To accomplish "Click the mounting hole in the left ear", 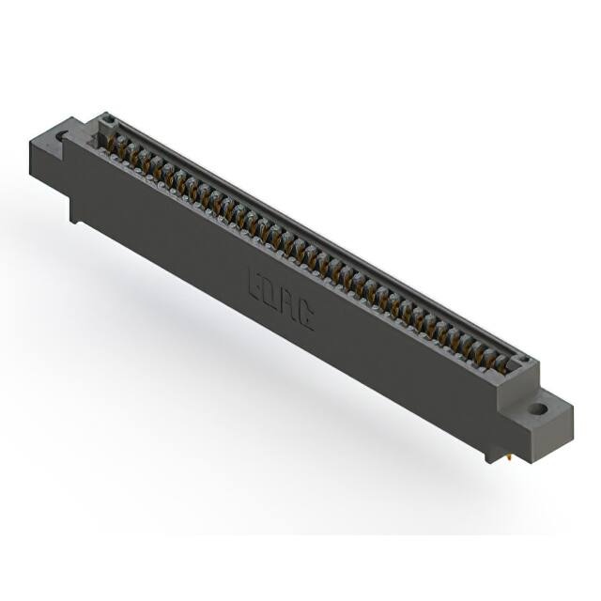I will click(x=62, y=137).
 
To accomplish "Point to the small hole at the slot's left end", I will click(x=108, y=119).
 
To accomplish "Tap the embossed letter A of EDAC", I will click(x=287, y=301).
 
